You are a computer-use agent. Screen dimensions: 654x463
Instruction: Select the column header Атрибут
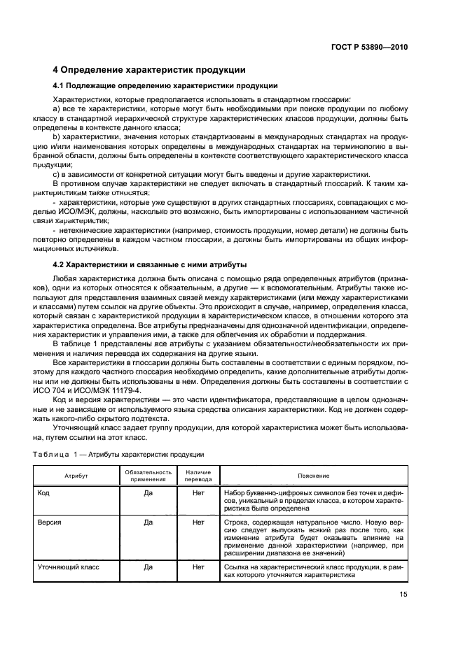click(x=71, y=476)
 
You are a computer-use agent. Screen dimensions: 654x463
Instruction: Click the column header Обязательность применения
click(x=148, y=476)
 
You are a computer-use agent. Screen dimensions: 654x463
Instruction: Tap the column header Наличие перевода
click(x=198, y=476)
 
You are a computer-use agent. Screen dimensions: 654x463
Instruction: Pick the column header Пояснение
click(x=313, y=476)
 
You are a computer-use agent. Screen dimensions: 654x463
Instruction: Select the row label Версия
click(x=49, y=522)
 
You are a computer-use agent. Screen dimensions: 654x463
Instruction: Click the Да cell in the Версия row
click(x=148, y=522)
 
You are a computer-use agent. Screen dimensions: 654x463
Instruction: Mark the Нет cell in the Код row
click(x=198, y=492)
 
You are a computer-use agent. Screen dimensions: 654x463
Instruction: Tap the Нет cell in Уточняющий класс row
click(x=198, y=567)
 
